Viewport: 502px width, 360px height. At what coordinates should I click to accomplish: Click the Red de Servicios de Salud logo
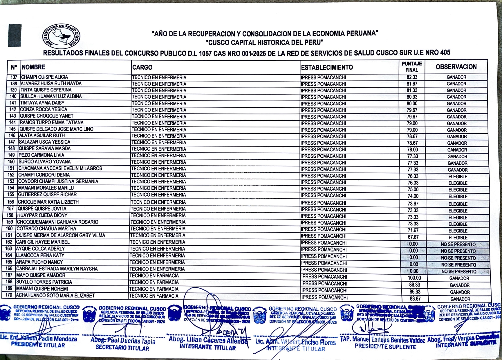click(61, 36)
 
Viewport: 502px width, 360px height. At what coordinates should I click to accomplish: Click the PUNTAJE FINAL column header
click(412, 67)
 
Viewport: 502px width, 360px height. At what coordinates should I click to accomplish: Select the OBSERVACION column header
click(456, 67)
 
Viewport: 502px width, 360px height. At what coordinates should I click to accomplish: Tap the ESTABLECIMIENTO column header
click(327, 68)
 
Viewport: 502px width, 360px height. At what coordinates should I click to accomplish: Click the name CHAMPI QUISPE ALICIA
click(44, 77)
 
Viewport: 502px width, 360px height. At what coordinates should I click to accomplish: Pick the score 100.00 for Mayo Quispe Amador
click(414, 278)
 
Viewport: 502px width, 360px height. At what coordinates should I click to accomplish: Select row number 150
click(11, 162)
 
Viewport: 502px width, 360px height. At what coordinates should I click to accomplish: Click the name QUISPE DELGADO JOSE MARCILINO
click(56, 129)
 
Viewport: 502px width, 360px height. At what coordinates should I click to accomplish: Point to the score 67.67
click(413, 237)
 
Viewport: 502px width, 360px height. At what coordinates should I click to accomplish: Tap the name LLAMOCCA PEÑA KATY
click(40, 255)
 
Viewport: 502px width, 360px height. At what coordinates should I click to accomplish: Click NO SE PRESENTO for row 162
click(458, 244)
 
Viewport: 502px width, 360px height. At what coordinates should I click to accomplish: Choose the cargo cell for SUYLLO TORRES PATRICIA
click(154, 282)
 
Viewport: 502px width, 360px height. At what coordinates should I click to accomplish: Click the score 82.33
click(412, 77)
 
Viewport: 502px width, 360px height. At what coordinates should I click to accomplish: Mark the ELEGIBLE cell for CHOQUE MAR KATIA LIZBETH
click(458, 204)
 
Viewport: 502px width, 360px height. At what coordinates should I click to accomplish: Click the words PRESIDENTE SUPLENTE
click(385, 347)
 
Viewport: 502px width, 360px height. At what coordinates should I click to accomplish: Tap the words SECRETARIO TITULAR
click(122, 348)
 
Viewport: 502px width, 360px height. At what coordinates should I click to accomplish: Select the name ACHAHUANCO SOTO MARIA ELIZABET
click(55, 296)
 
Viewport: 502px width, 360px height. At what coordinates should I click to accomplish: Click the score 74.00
click(413, 196)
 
